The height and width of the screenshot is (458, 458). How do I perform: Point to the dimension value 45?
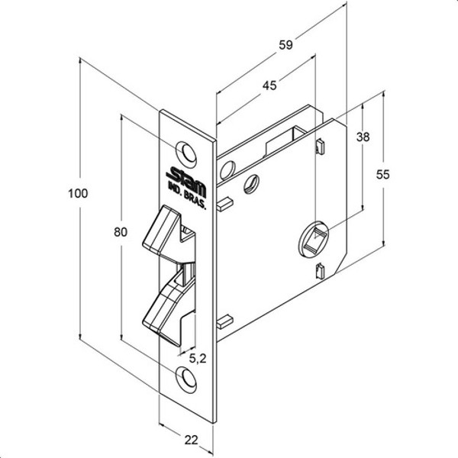coord(269,86)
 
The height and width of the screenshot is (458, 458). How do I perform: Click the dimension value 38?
coord(363,137)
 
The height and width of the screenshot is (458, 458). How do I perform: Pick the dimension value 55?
coord(383,174)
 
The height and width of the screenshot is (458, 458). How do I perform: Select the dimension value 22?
coord(190,439)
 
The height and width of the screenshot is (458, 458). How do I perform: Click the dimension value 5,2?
coord(197,357)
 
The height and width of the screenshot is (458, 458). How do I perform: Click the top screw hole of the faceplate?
coord(185,152)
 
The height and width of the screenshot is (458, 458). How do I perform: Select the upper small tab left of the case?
coord(224,205)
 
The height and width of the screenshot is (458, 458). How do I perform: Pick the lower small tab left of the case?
coord(224,321)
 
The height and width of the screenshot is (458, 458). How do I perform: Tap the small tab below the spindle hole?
coord(320,270)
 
